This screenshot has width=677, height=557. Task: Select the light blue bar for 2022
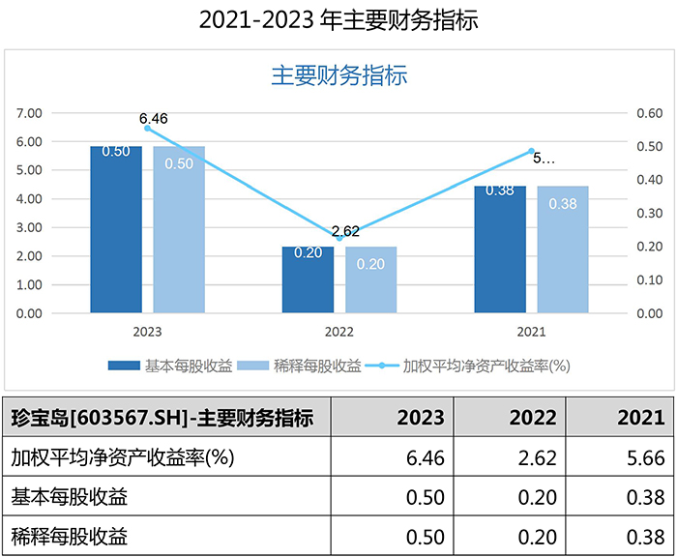pos(371,280)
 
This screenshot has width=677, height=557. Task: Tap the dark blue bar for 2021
pos(500,249)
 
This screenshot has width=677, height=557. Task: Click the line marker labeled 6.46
pos(148,128)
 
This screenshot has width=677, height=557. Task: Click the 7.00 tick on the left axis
pos(30,113)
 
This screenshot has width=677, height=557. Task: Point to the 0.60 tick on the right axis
pos(649,113)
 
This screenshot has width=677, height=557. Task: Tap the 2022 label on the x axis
pos(339,332)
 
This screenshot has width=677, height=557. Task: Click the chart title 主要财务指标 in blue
pos(338,75)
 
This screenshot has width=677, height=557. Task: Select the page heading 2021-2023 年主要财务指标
pos(338,20)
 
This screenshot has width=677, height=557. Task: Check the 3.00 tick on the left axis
pos(30,227)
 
